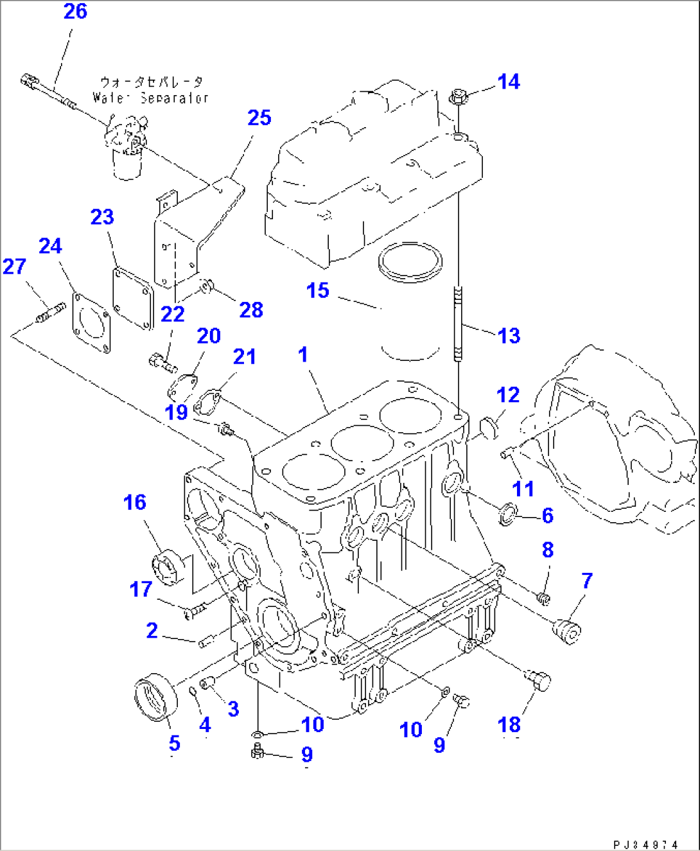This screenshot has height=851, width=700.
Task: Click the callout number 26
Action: (75, 12)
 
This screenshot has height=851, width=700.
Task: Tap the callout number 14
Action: (508, 82)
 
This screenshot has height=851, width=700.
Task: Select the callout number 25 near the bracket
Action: (259, 118)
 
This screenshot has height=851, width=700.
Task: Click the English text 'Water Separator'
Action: (150, 98)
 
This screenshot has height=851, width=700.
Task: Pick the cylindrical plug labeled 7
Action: (568, 630)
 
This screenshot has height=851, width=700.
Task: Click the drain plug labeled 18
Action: (538, 679)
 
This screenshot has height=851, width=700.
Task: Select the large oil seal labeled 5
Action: (155, 697)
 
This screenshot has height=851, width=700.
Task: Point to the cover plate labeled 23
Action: (133, 299)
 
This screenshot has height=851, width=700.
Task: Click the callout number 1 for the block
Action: (303, 355)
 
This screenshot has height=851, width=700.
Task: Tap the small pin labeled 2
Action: (206, 642)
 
